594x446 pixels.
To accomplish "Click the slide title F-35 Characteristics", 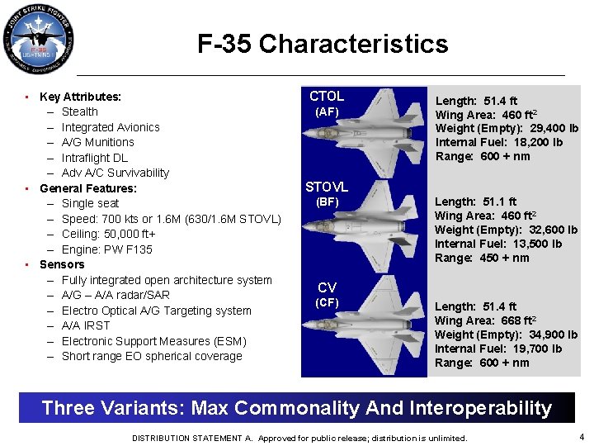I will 323,44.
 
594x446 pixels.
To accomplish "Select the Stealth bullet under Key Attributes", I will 79,111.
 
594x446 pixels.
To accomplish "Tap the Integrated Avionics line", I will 111,127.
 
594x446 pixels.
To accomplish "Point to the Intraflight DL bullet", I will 95,158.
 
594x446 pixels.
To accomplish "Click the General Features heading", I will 88,188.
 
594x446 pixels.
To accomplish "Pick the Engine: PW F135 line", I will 106,249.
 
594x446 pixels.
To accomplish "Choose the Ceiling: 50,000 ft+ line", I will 108,234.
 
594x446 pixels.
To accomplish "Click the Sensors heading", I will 62,264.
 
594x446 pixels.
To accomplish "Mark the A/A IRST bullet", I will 86,325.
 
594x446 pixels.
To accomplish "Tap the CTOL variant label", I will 327,96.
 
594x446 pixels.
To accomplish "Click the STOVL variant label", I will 327,187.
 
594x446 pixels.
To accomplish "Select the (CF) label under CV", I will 327,303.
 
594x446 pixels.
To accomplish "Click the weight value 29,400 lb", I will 551,128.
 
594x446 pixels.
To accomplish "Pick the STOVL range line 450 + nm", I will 483,258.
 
